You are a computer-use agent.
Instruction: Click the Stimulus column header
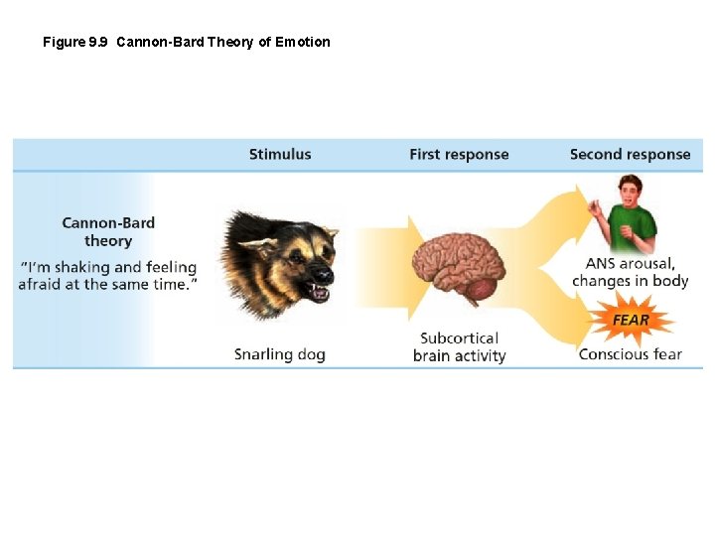tap(280, 155)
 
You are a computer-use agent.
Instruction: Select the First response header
tap(459, 155)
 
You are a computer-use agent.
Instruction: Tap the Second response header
tap(630, 155)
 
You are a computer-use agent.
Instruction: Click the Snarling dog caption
tap(280, 354)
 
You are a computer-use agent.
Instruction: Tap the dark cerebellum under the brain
tap(481, 289)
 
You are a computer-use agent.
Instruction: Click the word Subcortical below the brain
tap(459, 338)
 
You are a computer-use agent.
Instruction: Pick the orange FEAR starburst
tap(631, 320)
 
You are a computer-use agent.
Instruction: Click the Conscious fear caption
tap(630, 354)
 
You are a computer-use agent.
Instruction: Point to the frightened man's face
tap(629, 192)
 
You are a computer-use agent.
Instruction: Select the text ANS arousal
tap(630, 264)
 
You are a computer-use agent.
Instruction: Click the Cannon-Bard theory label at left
tap(108, 232)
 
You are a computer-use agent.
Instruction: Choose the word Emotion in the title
tap(303, 42)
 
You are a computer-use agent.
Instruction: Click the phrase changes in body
tap(630, 281)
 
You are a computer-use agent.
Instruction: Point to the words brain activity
tap(459, 355)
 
